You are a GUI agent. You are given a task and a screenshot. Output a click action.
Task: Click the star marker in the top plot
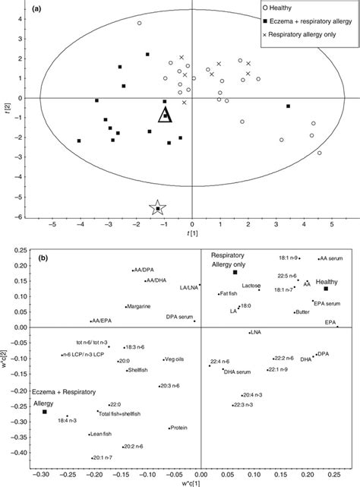(x=157, y=208)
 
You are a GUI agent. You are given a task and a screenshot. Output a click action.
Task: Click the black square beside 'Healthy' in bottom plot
(x=326, y=289)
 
